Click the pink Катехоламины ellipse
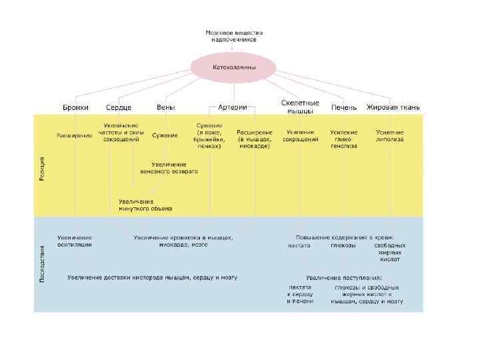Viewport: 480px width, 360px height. click(233, 67)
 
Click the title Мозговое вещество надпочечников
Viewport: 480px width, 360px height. click(233, 35)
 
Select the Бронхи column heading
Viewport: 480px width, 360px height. click(75, 107)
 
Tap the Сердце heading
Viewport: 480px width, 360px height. click(119, 107)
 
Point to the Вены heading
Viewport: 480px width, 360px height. click(166, 107)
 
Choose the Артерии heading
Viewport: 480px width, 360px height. click(233, 107)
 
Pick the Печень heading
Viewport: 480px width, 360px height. click(343, 107)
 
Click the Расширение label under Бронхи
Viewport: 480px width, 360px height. click(74, 135)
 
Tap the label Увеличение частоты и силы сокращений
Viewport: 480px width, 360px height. click(121, 133)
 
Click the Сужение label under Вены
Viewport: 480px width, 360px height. click(165, 135)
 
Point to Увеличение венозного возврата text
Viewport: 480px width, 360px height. click(169, 167)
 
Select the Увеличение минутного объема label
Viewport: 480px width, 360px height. click(145, 205)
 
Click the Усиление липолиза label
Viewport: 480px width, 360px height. click(390, 136)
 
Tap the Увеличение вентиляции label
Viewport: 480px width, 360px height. click(75, 241)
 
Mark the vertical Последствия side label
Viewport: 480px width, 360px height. click(42, 264)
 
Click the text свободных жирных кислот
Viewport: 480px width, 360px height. click(390, 252)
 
